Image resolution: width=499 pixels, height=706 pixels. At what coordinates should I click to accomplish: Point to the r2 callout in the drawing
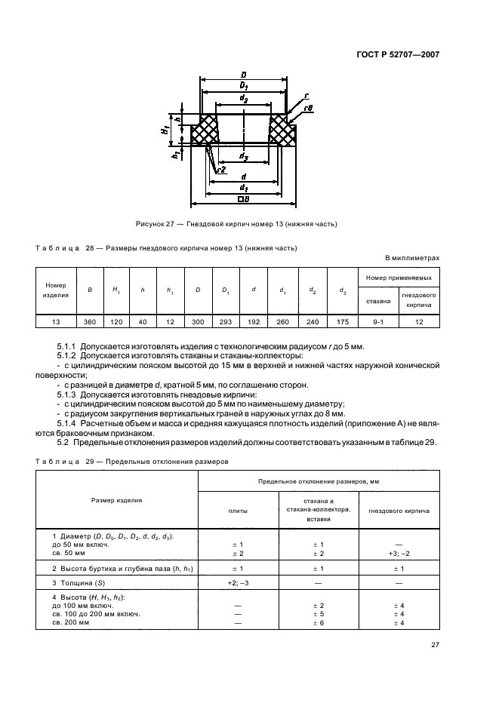tap(220, 170)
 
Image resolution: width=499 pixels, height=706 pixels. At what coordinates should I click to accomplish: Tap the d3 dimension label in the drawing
tap(244, 156)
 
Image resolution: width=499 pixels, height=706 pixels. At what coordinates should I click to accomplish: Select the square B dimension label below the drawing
tap(243, 200)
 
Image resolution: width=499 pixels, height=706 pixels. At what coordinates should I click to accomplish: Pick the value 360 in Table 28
tap(90, 321)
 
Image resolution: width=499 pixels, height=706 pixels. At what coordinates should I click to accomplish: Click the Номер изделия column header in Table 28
tap(56, 290)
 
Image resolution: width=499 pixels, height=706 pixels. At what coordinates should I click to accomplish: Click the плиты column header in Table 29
tap(238, 511)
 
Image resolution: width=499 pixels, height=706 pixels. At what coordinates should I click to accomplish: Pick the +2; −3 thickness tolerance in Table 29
tap(238, 583)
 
